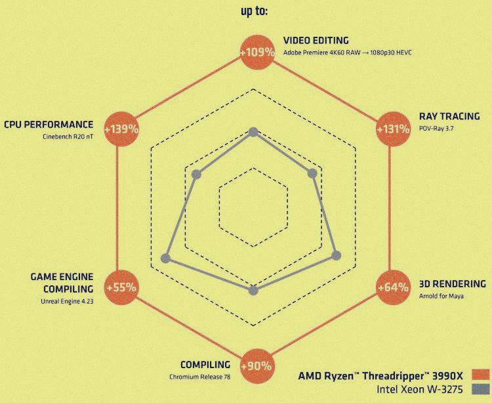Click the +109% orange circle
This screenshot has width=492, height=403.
click(255, 51)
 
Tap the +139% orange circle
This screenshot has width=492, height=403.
click(121, 129)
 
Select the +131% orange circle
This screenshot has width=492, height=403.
click(392, 129)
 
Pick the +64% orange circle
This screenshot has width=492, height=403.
click(392, 287)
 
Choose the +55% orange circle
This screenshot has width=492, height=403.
click(121, 287)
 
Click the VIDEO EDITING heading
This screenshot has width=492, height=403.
click(316, 40)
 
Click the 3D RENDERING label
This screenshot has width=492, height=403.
click(452, 284)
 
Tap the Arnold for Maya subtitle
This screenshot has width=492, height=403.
click(441, 296)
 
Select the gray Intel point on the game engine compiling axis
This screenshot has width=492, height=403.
click(165, 258)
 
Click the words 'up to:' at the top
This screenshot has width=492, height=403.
click(254, 11)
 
